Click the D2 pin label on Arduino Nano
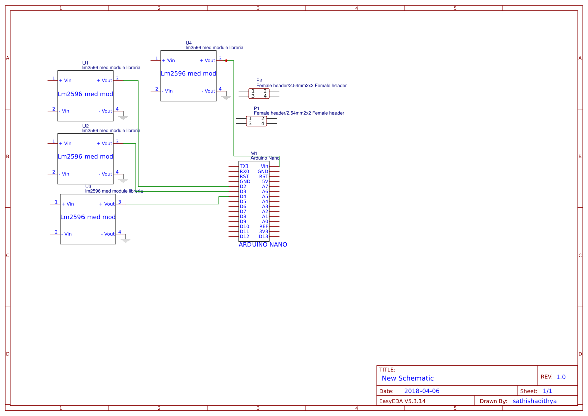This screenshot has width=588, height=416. [x=243, y=187]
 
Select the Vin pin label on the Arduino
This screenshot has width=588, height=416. [x=264, y=167]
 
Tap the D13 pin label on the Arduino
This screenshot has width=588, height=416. [x=264, y=237]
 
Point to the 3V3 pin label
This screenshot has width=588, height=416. [x=264, y=232]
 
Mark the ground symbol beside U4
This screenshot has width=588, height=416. [x=226, y=96]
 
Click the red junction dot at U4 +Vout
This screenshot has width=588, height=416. [x=226, y=60]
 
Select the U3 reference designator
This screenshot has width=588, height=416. [x=88, y=186]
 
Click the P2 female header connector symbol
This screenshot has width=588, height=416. [x=259, y=94]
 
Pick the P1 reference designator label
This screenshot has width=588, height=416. [x=257, y=108]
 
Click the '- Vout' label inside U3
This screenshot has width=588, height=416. [x=108, y=234]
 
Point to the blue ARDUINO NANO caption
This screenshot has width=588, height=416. [x=263, y=245]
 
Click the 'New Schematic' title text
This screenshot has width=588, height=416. [x=407, y=378]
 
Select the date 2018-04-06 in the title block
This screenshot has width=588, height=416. [x=422, y=391]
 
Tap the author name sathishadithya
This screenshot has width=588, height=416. [x=535, y=401]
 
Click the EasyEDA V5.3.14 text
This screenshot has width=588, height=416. [x=402, y=401]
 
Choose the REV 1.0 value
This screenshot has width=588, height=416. [x=561, y=377]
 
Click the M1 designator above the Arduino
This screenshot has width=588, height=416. [x=254, y=153]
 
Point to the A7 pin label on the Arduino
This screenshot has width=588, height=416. [x=265, y=187]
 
